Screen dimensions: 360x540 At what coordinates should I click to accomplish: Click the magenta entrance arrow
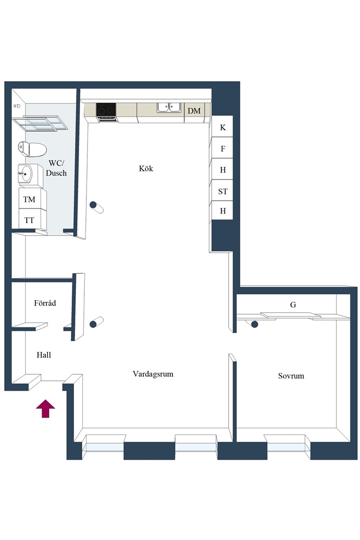point(45,409)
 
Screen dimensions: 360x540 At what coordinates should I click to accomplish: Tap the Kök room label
point(146,168)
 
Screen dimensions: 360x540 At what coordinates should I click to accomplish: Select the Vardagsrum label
point(153,374)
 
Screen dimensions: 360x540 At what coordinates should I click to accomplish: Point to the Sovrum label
point(291,375)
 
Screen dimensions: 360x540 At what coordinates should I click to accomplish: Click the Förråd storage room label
point(45,303)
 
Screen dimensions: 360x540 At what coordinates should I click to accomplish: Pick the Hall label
point(44,355)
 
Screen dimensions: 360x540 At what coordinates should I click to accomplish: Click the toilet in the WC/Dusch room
point(32,149)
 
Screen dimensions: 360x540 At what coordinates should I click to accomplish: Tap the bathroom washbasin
point(25,174)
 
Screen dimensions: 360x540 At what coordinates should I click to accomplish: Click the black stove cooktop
point(106,109)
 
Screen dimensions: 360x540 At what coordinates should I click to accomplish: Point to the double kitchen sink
point(169,108)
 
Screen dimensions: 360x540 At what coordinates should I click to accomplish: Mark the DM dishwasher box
point(194,111)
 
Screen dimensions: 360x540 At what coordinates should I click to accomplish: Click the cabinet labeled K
point(222,127)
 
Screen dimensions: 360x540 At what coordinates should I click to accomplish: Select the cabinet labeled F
point(222,148)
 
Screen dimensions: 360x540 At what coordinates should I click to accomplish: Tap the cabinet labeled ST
point(222,191)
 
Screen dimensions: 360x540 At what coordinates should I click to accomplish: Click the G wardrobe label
point(293,304)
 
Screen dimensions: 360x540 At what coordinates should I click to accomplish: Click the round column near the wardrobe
point(255,324)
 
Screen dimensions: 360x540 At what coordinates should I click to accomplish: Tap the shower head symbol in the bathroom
point(17,106)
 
